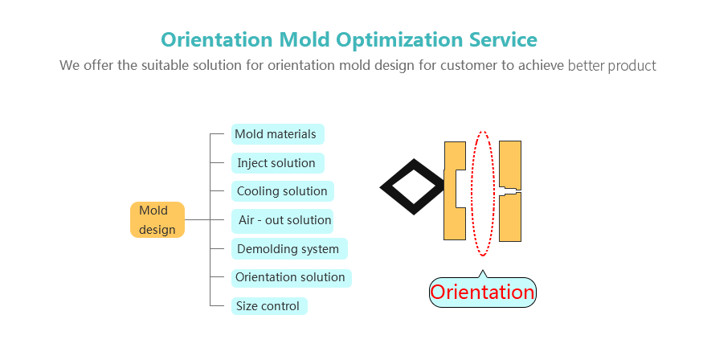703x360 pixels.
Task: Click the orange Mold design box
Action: [x=157, y=219]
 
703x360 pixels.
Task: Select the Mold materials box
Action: [x=277, y=134]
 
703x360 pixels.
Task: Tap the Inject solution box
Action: [x=277, y=163]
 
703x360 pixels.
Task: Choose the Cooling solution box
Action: [x=283, y=191]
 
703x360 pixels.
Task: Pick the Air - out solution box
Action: [x=283, y=220]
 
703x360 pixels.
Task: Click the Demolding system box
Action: [x=289, y=249]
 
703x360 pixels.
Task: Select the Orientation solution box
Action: [x=292, y=277]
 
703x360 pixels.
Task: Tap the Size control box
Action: [x=269, y=306]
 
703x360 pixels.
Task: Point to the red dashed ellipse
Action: [x=471, y=194]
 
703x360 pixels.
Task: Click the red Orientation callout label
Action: [x=482, y=292]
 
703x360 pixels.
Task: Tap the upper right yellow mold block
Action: [x=510, y=165]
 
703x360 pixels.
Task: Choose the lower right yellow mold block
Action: [x=510, y=218]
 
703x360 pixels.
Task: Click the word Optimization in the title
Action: [x=400, y=40]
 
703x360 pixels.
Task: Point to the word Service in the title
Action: [x=503, y=39]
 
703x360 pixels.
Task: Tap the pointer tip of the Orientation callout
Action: [x=482, y=270]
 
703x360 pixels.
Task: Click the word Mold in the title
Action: [x=304, y=39]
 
